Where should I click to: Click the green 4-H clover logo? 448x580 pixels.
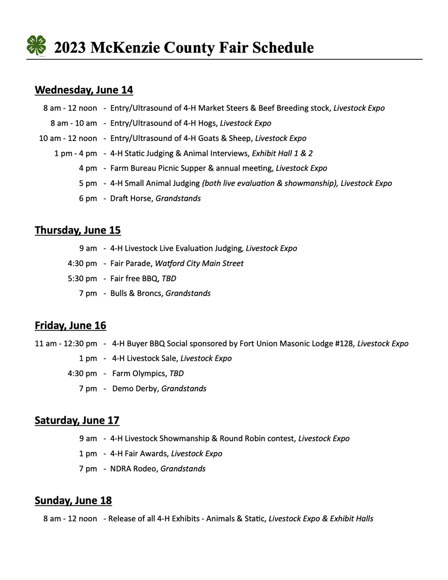click(36, 45)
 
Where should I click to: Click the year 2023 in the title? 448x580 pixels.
click(70, 48)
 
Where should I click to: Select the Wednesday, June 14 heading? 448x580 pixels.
click(84, 90)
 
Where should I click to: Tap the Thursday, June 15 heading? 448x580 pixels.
click(78, 230)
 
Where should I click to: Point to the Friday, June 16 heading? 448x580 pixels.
click(71, 325)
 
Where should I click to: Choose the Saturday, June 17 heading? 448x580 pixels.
click(77, 420)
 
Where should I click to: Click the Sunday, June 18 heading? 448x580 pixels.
click(73, 501)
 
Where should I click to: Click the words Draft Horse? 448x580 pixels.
click(131, 199)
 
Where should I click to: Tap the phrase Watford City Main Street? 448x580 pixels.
click(199, 263)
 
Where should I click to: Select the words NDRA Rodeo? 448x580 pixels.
click(133, 469)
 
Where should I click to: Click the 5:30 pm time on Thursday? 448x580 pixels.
click(82, 279)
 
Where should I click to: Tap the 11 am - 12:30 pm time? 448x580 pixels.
click(66, 344)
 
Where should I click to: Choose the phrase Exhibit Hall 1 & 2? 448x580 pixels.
click(282, 153)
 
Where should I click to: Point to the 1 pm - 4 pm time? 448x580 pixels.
click(76, 153)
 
